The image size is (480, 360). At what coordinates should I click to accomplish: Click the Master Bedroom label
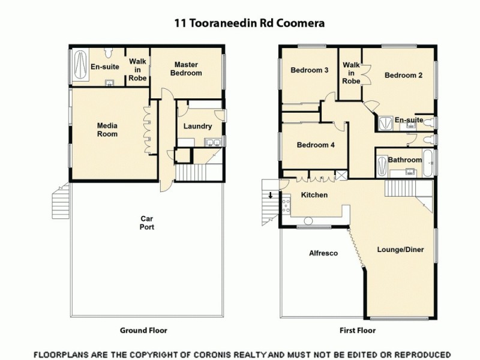click(186, 68)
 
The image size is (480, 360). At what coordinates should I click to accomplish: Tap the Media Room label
click(107, 130)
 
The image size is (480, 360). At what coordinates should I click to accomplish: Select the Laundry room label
click(197, 126)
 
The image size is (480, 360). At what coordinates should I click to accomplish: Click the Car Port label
click(148, 223)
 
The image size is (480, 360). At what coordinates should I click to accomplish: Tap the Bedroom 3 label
click(309, 70)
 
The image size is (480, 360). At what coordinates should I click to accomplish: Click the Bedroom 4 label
click(313, 145)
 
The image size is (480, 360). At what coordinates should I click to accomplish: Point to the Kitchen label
click(314, 196)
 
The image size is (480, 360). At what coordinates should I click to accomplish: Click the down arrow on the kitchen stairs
click(270, 194)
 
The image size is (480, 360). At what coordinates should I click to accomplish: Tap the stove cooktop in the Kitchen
click(286, 211)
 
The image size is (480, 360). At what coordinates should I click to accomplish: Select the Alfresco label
click(323, 253)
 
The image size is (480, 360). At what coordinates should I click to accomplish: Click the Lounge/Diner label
click(397, 248)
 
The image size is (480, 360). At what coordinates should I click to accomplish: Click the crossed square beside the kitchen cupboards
click(341, 175)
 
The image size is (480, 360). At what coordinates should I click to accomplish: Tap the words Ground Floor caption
click(143, 330)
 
